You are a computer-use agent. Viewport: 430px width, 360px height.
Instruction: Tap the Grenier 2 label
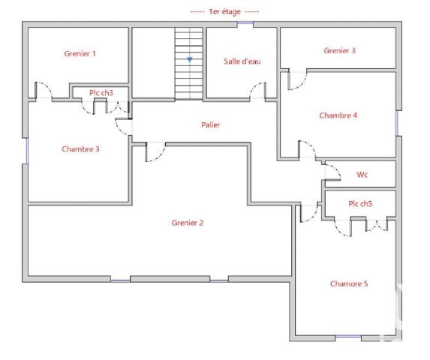coord(187,223)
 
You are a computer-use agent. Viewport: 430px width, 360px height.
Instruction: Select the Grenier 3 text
coord(339,51)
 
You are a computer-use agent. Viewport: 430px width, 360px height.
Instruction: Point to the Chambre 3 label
coord(80,149)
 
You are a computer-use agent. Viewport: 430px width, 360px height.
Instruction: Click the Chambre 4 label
coord(338,115)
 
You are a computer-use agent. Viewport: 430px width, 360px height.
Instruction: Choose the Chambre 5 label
coord(348,284)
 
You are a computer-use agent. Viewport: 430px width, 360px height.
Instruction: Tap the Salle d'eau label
coord(242,61)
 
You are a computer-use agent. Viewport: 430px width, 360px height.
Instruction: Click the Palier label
coord(210,125)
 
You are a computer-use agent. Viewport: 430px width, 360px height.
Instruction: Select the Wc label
coord(362,175)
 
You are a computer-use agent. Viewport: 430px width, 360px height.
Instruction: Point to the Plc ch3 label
coord(101,92)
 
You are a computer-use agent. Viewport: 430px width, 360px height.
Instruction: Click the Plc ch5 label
coord(359,203)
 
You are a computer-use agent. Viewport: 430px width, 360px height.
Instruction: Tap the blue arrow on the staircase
coord(190,58)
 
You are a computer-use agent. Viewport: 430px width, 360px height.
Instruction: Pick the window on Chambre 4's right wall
coord(397,124)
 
